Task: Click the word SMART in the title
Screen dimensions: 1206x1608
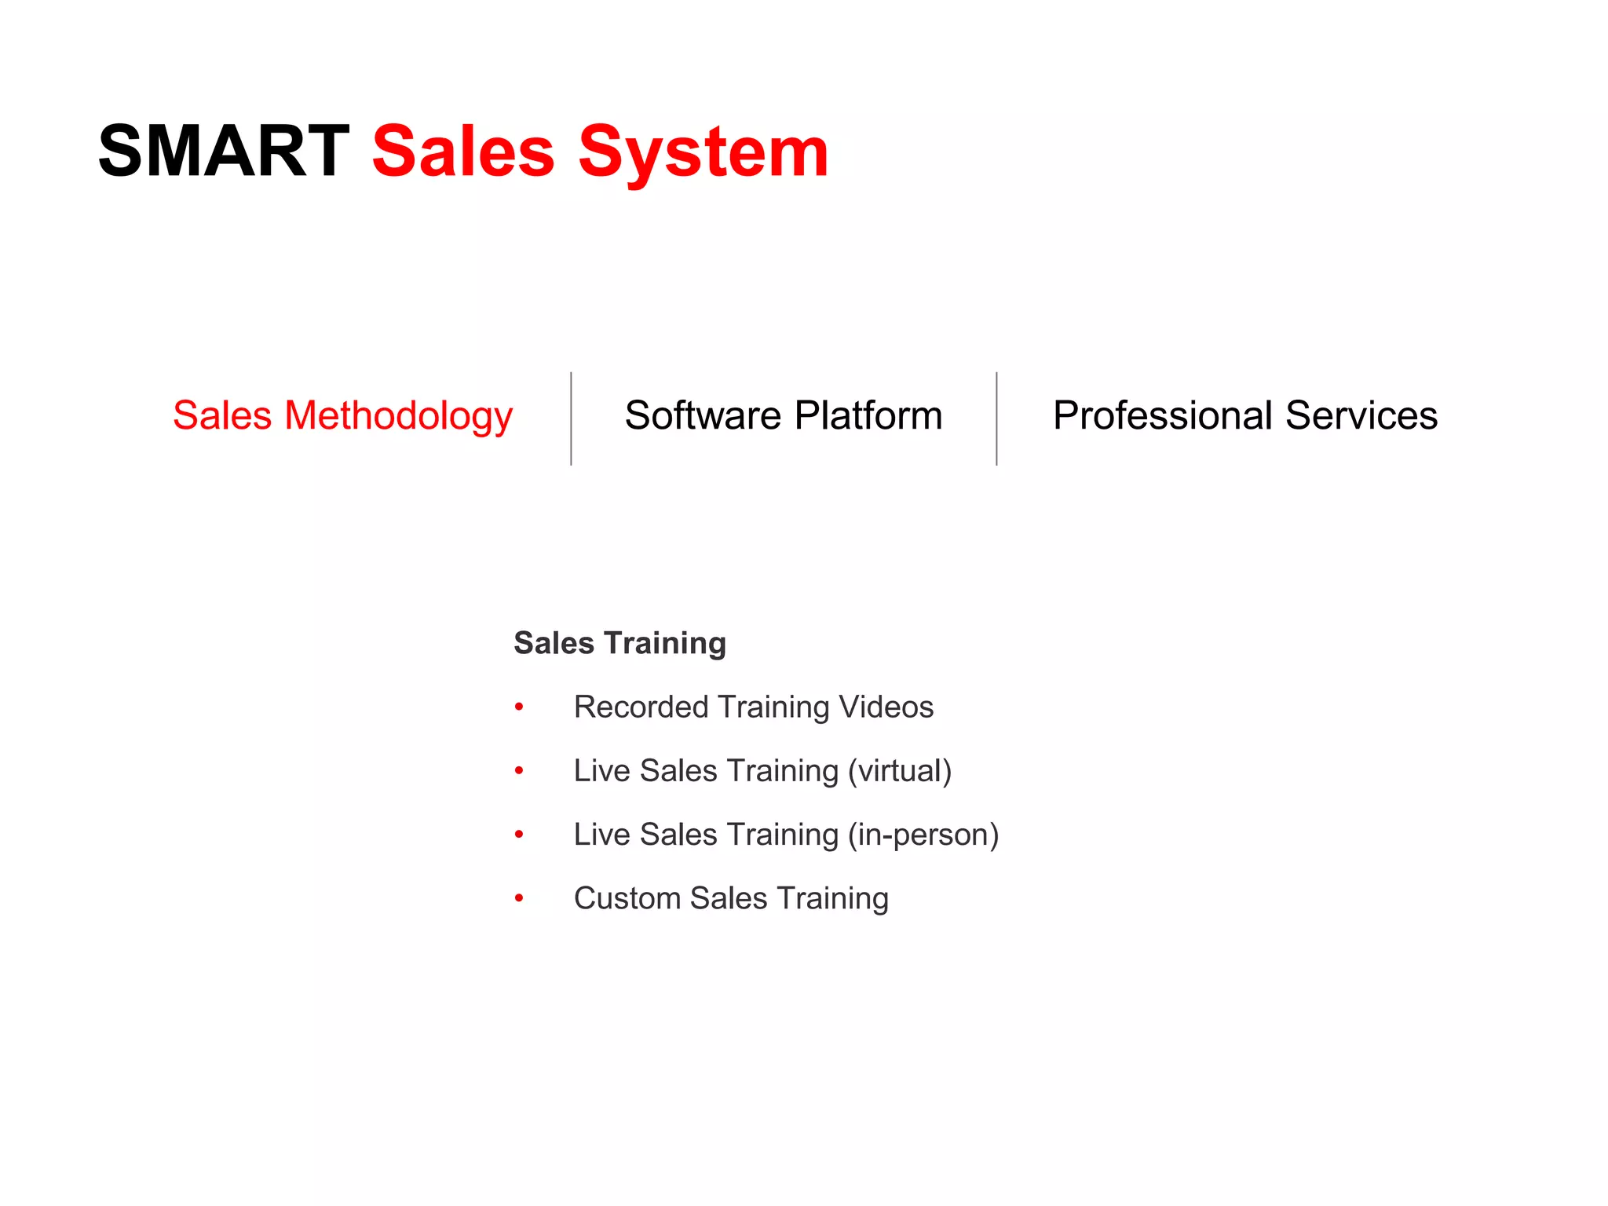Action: click(x=224, y=151)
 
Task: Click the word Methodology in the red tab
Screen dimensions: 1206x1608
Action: click(x=398, y=417)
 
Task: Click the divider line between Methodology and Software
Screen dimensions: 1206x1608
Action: click(x=571, y=418)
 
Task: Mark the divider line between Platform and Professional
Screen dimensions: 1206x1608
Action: click(x=996, y=418)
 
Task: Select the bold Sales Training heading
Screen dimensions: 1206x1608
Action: click(x=619, y=643)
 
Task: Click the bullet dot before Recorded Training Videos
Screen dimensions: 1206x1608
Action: click(x=519, y=707)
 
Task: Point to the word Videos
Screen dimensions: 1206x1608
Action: click(x=886, y=707)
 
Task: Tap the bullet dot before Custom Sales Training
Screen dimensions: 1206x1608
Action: click(x=519, y=898)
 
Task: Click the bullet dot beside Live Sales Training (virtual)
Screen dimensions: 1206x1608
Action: click(x=519, y=771)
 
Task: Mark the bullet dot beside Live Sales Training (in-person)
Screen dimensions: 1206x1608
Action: click(x=519, y=835)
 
